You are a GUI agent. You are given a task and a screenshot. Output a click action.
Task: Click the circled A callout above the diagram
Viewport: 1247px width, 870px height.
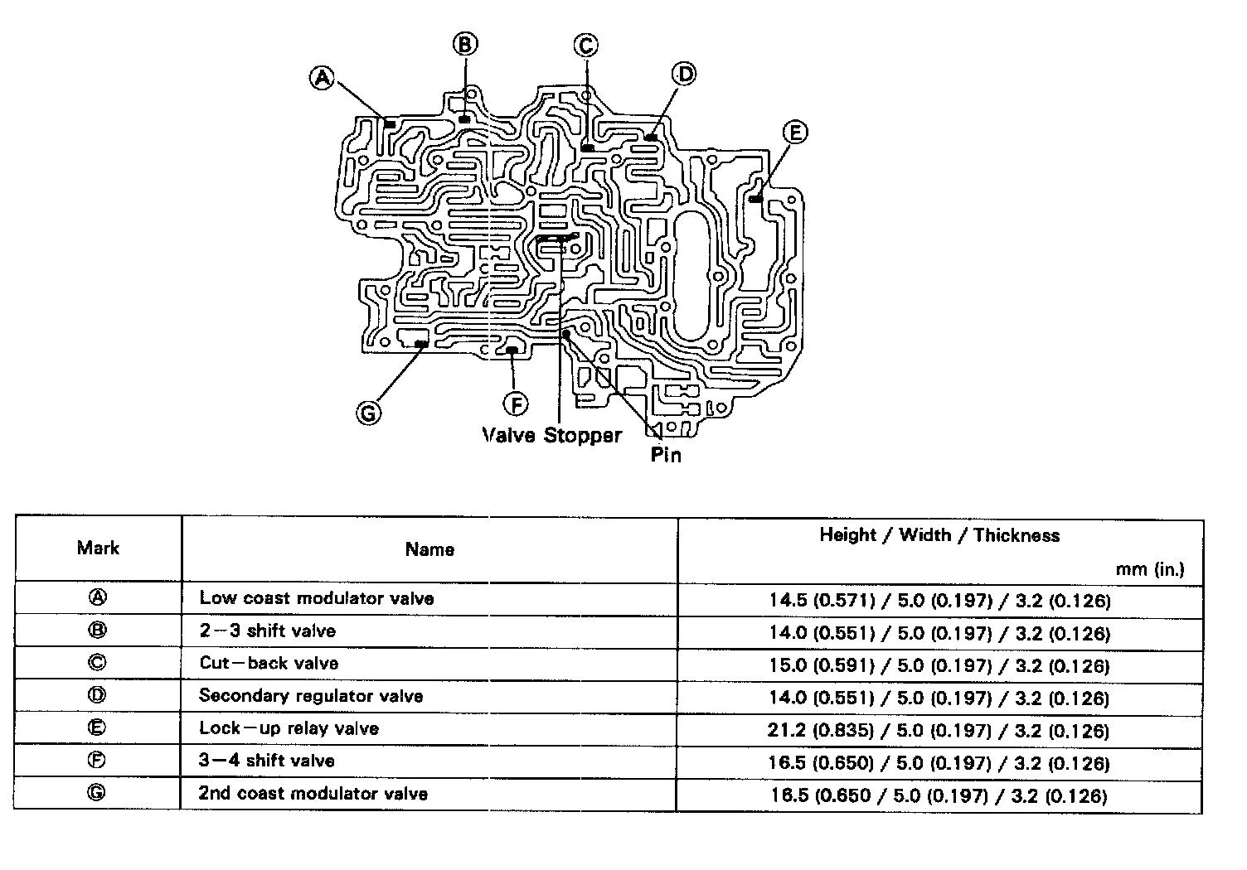click(x=322, y=78)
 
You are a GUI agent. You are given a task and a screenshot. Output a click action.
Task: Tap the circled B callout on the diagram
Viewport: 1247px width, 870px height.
click(x=465, y=44)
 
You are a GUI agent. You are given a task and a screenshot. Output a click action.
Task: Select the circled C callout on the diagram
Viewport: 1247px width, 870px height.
click(x=586, y=46)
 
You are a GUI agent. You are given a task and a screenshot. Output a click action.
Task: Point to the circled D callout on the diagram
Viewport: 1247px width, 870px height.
click(x=685, y=75)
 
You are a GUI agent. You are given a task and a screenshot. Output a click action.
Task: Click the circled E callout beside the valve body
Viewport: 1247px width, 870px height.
click(x=794, y=133)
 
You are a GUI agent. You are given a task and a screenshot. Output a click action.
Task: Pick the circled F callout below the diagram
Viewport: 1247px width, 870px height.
click(x=516, y=404)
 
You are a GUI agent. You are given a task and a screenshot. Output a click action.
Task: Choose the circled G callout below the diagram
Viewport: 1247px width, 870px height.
click(x=368, y=412)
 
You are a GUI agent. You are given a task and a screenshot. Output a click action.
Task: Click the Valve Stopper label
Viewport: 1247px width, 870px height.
click(x=552, y=435)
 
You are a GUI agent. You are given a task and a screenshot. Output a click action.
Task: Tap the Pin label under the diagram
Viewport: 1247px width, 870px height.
click(x=666, y=454)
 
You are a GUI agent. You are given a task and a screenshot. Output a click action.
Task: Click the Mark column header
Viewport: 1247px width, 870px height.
click(x=98, y=548)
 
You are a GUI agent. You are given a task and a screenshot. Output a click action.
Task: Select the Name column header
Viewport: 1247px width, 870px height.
click(x=429, y=549)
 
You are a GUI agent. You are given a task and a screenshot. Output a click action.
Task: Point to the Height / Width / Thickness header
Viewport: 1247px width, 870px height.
click(x=939, y=535)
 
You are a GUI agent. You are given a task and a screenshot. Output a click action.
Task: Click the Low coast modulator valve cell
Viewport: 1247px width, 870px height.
click(x=317, y=598)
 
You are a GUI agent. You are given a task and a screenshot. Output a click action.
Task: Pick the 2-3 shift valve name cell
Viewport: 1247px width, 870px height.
click(x=268, y=631)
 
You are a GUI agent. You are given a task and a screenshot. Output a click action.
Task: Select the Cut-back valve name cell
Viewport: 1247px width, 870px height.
click(x=269, y=664)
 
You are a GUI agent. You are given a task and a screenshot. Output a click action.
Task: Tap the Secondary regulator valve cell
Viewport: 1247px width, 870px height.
click(x=311, y=696)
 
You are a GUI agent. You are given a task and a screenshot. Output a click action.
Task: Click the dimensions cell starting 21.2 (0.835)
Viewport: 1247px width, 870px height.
click(x=939, y=731)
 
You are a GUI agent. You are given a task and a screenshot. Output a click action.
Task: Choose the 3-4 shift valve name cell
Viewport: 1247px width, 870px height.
click(x=267, y=761)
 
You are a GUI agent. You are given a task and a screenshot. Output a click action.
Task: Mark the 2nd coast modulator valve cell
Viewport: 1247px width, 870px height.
click(x=313, y=794)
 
